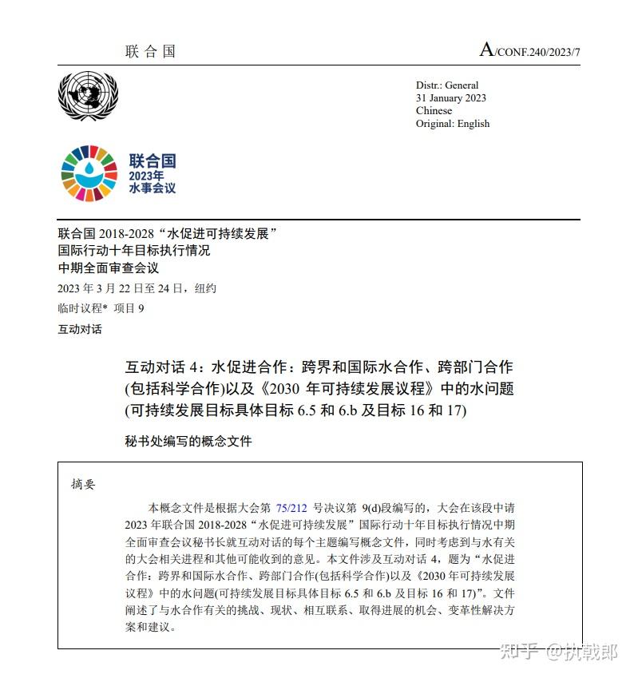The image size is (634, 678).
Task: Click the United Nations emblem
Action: pyautogui.click(x=88, y=97)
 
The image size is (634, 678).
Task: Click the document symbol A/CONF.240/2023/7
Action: pyautogui.click(x=529, y=51)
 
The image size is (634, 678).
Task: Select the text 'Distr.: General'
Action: pyautogui.click(x=447, y=85)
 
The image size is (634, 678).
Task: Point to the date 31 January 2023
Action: pyautogui.click(x=450, y=98)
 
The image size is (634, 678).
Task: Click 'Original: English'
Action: pyautogui.click(x=453, y=124)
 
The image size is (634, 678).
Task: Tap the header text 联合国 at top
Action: pyautogui.click(x=150, y=52)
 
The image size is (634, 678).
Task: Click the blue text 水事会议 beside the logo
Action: pyautogui.click(x=152, y=188)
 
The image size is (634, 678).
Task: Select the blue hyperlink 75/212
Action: pyautogui.click(x=291, y=507)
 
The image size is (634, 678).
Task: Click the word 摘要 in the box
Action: pyautogui.click(x=82, y=484)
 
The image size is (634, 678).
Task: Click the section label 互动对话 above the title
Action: pyautogui.click(x=80, y=329)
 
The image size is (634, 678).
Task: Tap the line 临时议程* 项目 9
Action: pyautogui.click(x=101, y=308)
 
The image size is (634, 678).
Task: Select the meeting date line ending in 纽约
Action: pyautogui.click(x=137, y=288)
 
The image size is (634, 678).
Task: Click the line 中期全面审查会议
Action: pyautogui.click(x=109, y=268)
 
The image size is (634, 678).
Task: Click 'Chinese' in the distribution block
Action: pyautogui.click(x=434, y=111)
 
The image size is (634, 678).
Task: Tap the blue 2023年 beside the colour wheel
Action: pyautogui.click(x=146, y=176)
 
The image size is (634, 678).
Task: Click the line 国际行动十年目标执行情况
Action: pyautogui.click(x=134, y=251)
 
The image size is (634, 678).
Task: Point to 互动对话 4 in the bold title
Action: pyautogui.click(x=165, y=368)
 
